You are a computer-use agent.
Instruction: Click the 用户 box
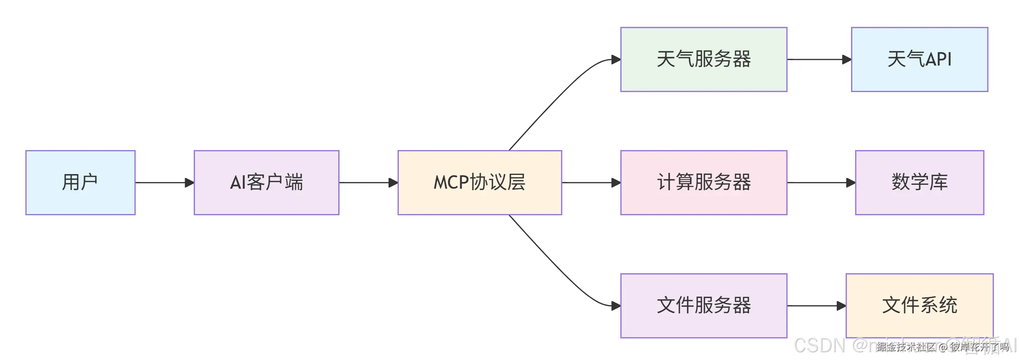80,183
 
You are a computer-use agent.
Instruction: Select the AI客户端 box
266,183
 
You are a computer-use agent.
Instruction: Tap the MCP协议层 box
479,183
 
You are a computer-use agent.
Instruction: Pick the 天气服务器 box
703,59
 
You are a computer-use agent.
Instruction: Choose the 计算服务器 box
703,183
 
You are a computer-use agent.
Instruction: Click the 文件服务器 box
703,306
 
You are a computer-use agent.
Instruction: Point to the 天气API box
919,59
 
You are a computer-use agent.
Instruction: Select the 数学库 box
919,183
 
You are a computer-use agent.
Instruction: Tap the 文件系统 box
919,306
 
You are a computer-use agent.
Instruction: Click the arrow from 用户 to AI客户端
164,183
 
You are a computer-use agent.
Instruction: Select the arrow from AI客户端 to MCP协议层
368,183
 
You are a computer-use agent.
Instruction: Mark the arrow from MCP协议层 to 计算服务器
591,183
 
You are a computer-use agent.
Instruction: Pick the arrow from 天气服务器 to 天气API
819,59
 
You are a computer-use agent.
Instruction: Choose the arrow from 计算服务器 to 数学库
821,183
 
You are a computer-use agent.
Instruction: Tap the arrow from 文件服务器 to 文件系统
816,306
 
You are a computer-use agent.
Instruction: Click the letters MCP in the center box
451,183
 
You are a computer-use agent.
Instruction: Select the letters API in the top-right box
938,59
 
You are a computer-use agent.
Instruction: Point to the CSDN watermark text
819,345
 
